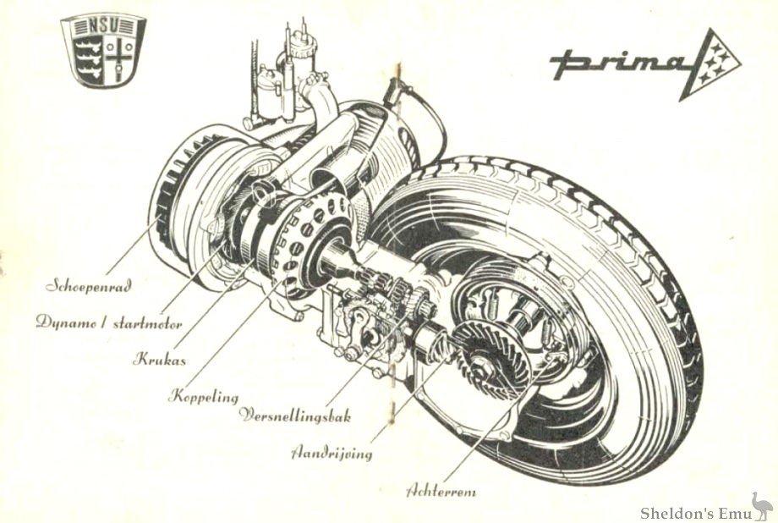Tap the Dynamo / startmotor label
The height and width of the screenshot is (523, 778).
tap(109, 322)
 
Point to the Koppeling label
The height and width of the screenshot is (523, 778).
tap(204, 394)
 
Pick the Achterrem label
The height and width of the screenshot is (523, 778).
tap(446, 489)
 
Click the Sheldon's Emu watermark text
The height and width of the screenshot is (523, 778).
tap(693, 512)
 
